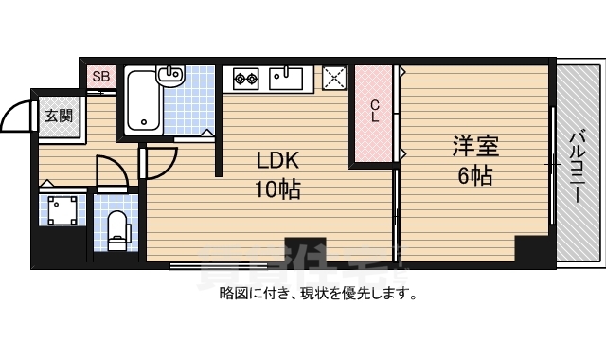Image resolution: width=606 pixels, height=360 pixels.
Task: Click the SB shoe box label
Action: pyautogui.click(x=101, y=76)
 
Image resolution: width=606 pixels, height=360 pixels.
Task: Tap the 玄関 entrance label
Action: pyautogui.click(x=59, y=116)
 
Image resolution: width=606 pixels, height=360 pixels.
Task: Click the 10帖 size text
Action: pyautogui.click(x=276, y=189)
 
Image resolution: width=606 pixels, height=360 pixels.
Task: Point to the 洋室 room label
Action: pyautogui.click(x=474, y=146)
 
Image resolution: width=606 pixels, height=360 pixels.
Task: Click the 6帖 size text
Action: pyautogui.click(x=474, y=176)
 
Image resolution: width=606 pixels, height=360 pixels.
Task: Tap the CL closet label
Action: pyautogui.click(x=375, y=112)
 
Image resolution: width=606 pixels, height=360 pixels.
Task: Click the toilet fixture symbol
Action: pyautogui.click(x=117, y=228)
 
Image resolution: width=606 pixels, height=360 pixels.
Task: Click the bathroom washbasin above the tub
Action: pyautogui.click(x=171, y=75)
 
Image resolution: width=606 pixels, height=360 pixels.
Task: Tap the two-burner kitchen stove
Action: pyautogui.click(x=246, y=78)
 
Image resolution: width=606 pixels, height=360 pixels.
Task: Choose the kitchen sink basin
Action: pyautogui.click(x=287, y=77)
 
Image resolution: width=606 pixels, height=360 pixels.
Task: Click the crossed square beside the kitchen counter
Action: pyautogui.click(x=335, y=78)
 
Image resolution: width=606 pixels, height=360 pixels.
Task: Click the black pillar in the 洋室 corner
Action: pyautogui.click(x=531, y=250)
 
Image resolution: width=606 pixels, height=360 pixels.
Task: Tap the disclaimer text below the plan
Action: pyautogui.click(x=319, y=293)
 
